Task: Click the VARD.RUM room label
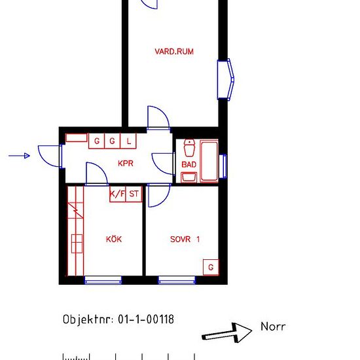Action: point(174,52)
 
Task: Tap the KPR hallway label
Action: point(126,163)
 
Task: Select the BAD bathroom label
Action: point(189,164)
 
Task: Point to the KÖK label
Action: point(114,239)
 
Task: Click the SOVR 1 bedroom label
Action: point(185,240)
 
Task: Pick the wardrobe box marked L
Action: point(128,141)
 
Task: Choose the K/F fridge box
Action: point(118,194)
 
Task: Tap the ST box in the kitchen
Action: point(134,194)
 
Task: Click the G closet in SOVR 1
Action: point(211,267)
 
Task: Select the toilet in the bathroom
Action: point(189,148)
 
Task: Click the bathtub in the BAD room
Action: point(209,161)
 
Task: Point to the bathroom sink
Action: point(189,177)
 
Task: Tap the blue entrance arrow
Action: point(19,156)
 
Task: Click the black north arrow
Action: point(227,333)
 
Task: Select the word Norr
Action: point(273,327)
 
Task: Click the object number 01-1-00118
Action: point(146,319)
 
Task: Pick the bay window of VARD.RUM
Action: point(225,79)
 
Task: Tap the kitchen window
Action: point(103,280)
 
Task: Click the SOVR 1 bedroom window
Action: point(177,280)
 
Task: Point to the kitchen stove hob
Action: point(77,243)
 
